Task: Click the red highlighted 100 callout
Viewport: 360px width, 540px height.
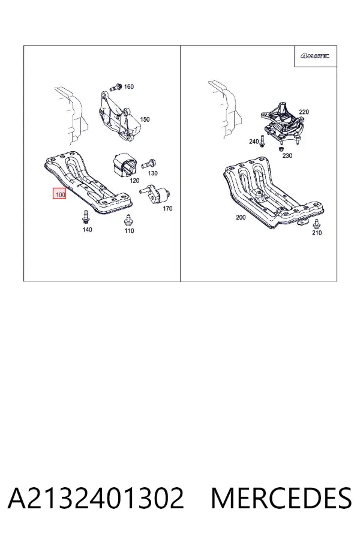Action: (59, 194)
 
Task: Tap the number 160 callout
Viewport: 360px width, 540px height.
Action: (129, 86)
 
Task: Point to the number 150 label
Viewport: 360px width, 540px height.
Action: (145, 119)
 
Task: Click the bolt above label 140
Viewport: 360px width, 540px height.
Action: (85, 217)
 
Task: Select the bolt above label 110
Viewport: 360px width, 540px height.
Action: (129, 220)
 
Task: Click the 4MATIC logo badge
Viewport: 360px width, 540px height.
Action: (314, 56)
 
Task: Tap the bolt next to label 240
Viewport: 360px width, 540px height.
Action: (263, 140)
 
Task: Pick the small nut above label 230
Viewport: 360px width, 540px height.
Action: (280, 149)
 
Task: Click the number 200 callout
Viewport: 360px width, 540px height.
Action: (241, 217)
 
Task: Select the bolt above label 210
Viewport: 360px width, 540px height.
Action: (316, 224)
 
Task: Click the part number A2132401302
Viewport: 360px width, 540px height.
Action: (96, 498)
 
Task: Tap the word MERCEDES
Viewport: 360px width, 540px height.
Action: (281, 498)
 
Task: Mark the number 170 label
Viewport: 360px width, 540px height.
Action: (167, 208)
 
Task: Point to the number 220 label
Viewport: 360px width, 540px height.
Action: (304, 112)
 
